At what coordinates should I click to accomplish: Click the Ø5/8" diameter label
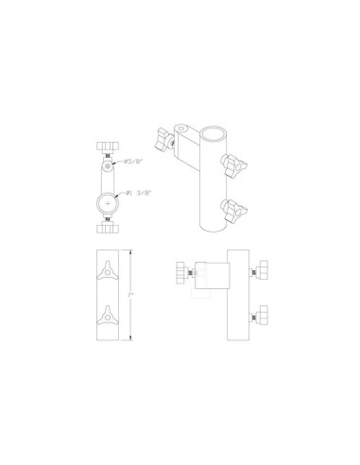tap(133, 162)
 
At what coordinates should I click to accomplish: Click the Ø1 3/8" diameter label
tap(139, 193)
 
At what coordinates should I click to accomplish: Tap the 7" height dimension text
tap(130, 295)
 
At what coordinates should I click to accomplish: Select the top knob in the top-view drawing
tap(108, 146)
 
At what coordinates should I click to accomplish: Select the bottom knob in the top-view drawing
tap(108, 228)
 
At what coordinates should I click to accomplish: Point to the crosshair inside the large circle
tap(108, 203)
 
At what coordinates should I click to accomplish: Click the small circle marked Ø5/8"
tap(108, 165)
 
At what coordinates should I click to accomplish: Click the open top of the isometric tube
tap(214, 133)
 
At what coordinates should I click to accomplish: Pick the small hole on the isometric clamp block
tap(180, 129)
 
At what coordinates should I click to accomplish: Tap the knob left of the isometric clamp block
tap(163, 139)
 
